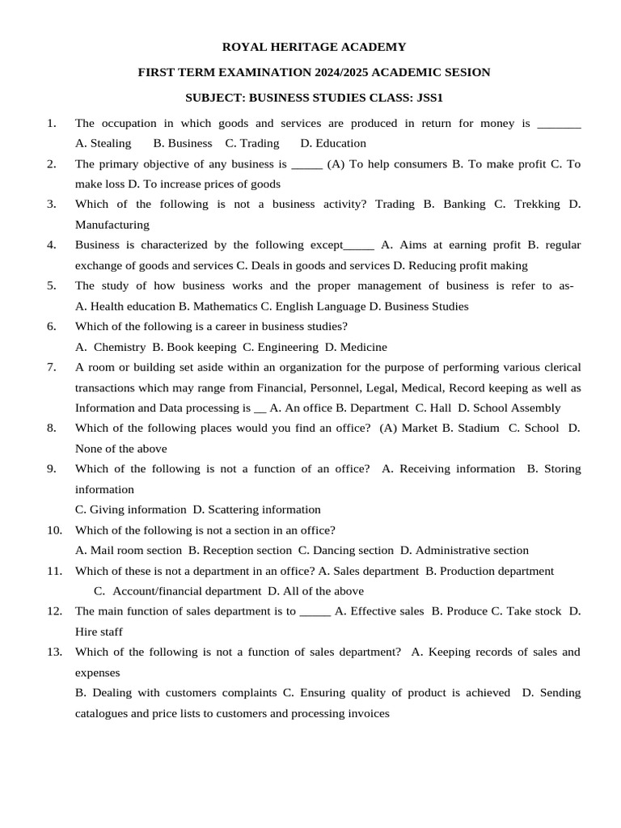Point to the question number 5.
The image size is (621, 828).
pyautogui.click(x=52, y=285)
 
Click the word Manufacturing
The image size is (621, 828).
pyautogui.click(x=112, y=225)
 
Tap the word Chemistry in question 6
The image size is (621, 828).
pyautogui.click(x=120, y=347)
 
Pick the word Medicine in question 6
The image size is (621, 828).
pyautogui.click(x=362, y=347)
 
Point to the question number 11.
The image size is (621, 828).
pyautogui.click(x=54, y=571)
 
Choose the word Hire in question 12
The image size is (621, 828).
pyautogui.click(x=88, y=632)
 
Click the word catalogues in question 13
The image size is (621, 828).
pyautogui.click(x=104, y=714)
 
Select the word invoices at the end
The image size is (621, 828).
pyautogui.click(x=366, y=714)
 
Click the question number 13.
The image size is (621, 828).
pyautogui.click(x=54, y=652)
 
